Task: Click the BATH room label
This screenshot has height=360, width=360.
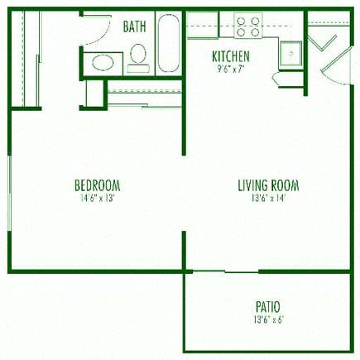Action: [134, 26]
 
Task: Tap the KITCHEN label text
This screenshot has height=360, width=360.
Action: [231, 57]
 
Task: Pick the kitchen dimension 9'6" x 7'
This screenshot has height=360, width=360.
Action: [231, 70]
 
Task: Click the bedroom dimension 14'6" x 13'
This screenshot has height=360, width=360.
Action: [98, 198]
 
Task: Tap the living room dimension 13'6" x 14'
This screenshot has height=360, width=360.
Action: [268, 198]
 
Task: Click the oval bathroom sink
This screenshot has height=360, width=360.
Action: [103, 61]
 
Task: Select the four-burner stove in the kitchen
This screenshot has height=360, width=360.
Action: [248, 27]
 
